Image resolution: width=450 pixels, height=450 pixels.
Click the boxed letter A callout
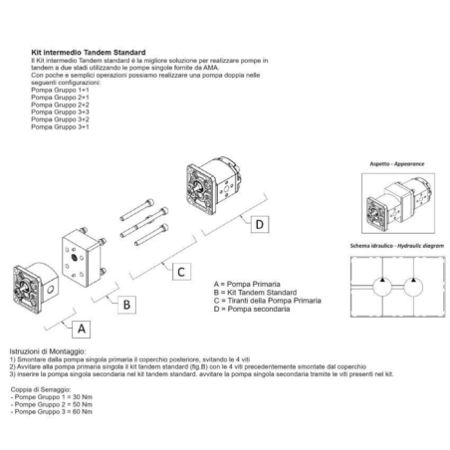(83, 326)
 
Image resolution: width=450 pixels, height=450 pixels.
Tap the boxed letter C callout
(180, 271)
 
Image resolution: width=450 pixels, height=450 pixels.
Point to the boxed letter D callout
(259, 225)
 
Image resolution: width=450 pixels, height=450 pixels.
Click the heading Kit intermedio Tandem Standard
(89, 53)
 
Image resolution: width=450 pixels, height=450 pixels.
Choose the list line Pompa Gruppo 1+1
(60, 91)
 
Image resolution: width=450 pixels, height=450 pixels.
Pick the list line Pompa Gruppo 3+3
(60, 110)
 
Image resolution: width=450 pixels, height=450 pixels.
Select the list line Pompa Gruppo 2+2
(60, 104)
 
